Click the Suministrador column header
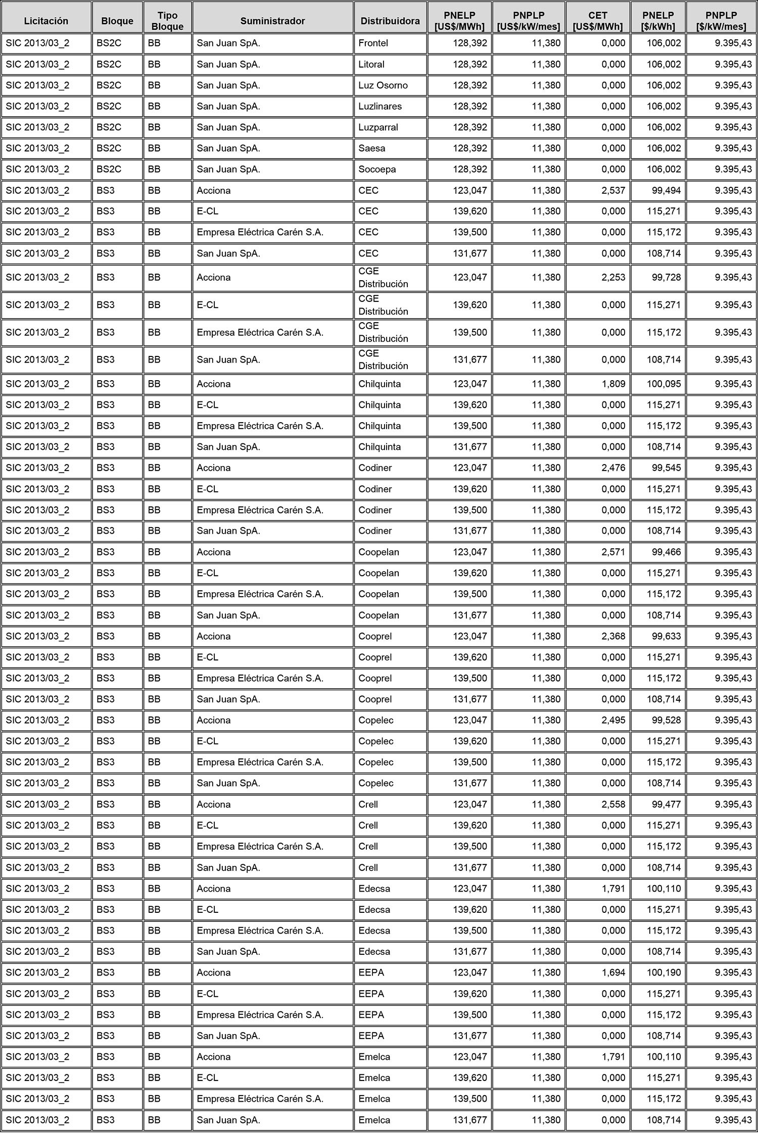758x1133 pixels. coord(272,21)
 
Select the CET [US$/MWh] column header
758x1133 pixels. coord(597,21)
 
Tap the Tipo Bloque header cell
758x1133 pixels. coord(167,21)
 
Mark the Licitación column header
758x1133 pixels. coord(46,21)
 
